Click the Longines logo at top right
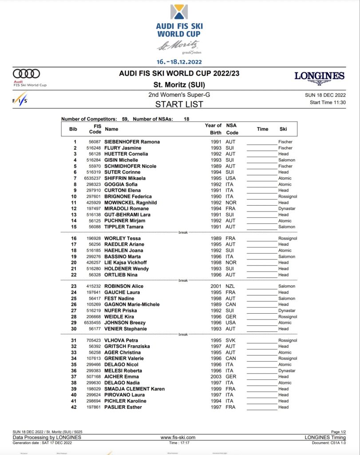[319, 77]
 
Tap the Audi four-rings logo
[26, 74]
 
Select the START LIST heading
[179, 104]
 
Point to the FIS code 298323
[94, 184]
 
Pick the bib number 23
[74, 286]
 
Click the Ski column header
[283, 129]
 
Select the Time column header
[262, 129]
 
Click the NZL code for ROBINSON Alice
[230, 286]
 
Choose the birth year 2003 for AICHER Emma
[216, 377]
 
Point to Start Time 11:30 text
[328, 103]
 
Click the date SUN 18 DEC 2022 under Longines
[325, 95]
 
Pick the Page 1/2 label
[338, 432]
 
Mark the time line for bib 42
[262, 408]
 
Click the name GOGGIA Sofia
[121, 184]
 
